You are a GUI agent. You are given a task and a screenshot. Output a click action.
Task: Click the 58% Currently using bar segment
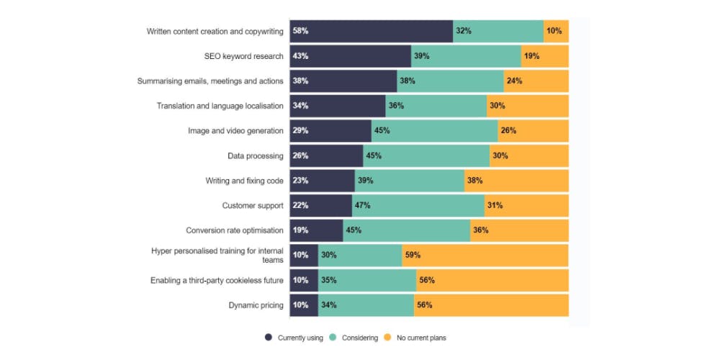(x=371, y=31)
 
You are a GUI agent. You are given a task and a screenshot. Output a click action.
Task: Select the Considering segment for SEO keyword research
(x=466, y=56)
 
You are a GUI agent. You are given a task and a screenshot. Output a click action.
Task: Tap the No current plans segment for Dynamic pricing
(x=491, y=305)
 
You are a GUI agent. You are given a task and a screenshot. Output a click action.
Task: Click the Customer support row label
(x=253, y=206)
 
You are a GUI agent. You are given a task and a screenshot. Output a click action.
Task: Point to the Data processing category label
(x=256, y=156)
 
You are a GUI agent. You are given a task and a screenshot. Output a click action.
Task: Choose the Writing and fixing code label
(x=245, y=181)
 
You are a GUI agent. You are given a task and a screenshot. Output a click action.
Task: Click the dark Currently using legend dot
(x=269, y=337)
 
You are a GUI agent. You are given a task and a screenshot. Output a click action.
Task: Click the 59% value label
(x=413, y=255)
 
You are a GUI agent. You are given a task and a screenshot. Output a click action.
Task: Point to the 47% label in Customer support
(x=362, y=205)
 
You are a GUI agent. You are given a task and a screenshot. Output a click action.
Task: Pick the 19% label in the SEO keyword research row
(x=532, y=56)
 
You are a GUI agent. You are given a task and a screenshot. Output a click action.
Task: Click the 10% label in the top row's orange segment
(x=554, y=31)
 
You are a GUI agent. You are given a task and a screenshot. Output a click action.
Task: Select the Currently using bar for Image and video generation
(x=330, y=131)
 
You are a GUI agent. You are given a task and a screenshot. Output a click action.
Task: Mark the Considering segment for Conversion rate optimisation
(x=407, y=230)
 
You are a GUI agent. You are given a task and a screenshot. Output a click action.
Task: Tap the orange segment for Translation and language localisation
(x=528, y=106)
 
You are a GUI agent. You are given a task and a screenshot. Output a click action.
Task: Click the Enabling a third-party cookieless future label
(x=217, y=280)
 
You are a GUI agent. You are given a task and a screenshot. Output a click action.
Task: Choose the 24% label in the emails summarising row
(x=514, y=81)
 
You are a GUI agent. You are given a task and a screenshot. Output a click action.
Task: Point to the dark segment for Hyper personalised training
(x=303, y=255)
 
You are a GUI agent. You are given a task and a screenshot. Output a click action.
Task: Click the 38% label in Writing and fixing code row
(x=474, y=181)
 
